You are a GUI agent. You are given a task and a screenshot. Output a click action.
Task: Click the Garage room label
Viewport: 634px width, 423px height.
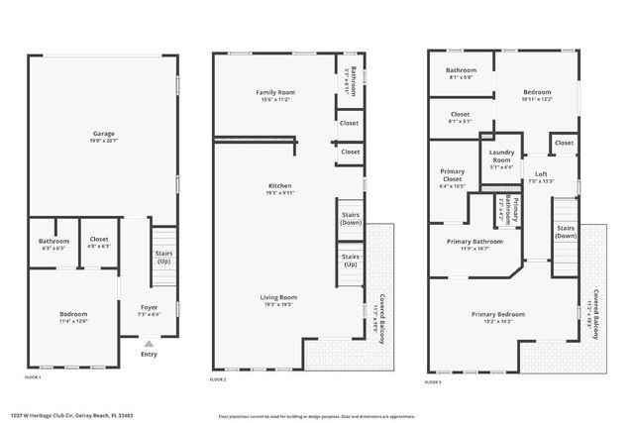[103, 133]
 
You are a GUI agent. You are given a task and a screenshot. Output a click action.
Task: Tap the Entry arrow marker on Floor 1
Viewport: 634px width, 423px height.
[149, 343]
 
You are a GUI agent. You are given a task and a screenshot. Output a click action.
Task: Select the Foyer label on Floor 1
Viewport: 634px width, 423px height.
[149, 307]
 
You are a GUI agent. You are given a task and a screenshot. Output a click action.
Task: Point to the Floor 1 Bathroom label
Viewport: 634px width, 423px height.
[53, 242]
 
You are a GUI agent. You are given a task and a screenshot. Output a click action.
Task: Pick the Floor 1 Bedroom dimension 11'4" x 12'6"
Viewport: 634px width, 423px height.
[73, 321]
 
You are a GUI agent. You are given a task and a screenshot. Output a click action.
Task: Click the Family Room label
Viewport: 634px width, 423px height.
[276, 92]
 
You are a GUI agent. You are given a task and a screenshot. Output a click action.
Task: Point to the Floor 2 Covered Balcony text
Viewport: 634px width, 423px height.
[382, 313]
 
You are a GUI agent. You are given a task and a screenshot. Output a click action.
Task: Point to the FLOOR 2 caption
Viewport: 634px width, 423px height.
[219, 379]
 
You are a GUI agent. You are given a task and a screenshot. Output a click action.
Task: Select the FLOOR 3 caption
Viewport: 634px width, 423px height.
[436, 379]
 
